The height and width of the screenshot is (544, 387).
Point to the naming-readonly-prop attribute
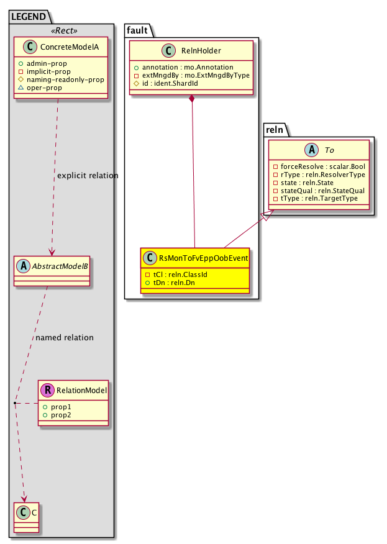pos(74,80)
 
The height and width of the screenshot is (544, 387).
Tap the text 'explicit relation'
pos(88,176)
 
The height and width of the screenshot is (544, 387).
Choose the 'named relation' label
pos(65,338)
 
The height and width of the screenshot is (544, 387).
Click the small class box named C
pos(25,513)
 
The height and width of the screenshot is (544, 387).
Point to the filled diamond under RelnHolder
pos(193,99)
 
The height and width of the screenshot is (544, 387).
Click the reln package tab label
pos(273,129)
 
